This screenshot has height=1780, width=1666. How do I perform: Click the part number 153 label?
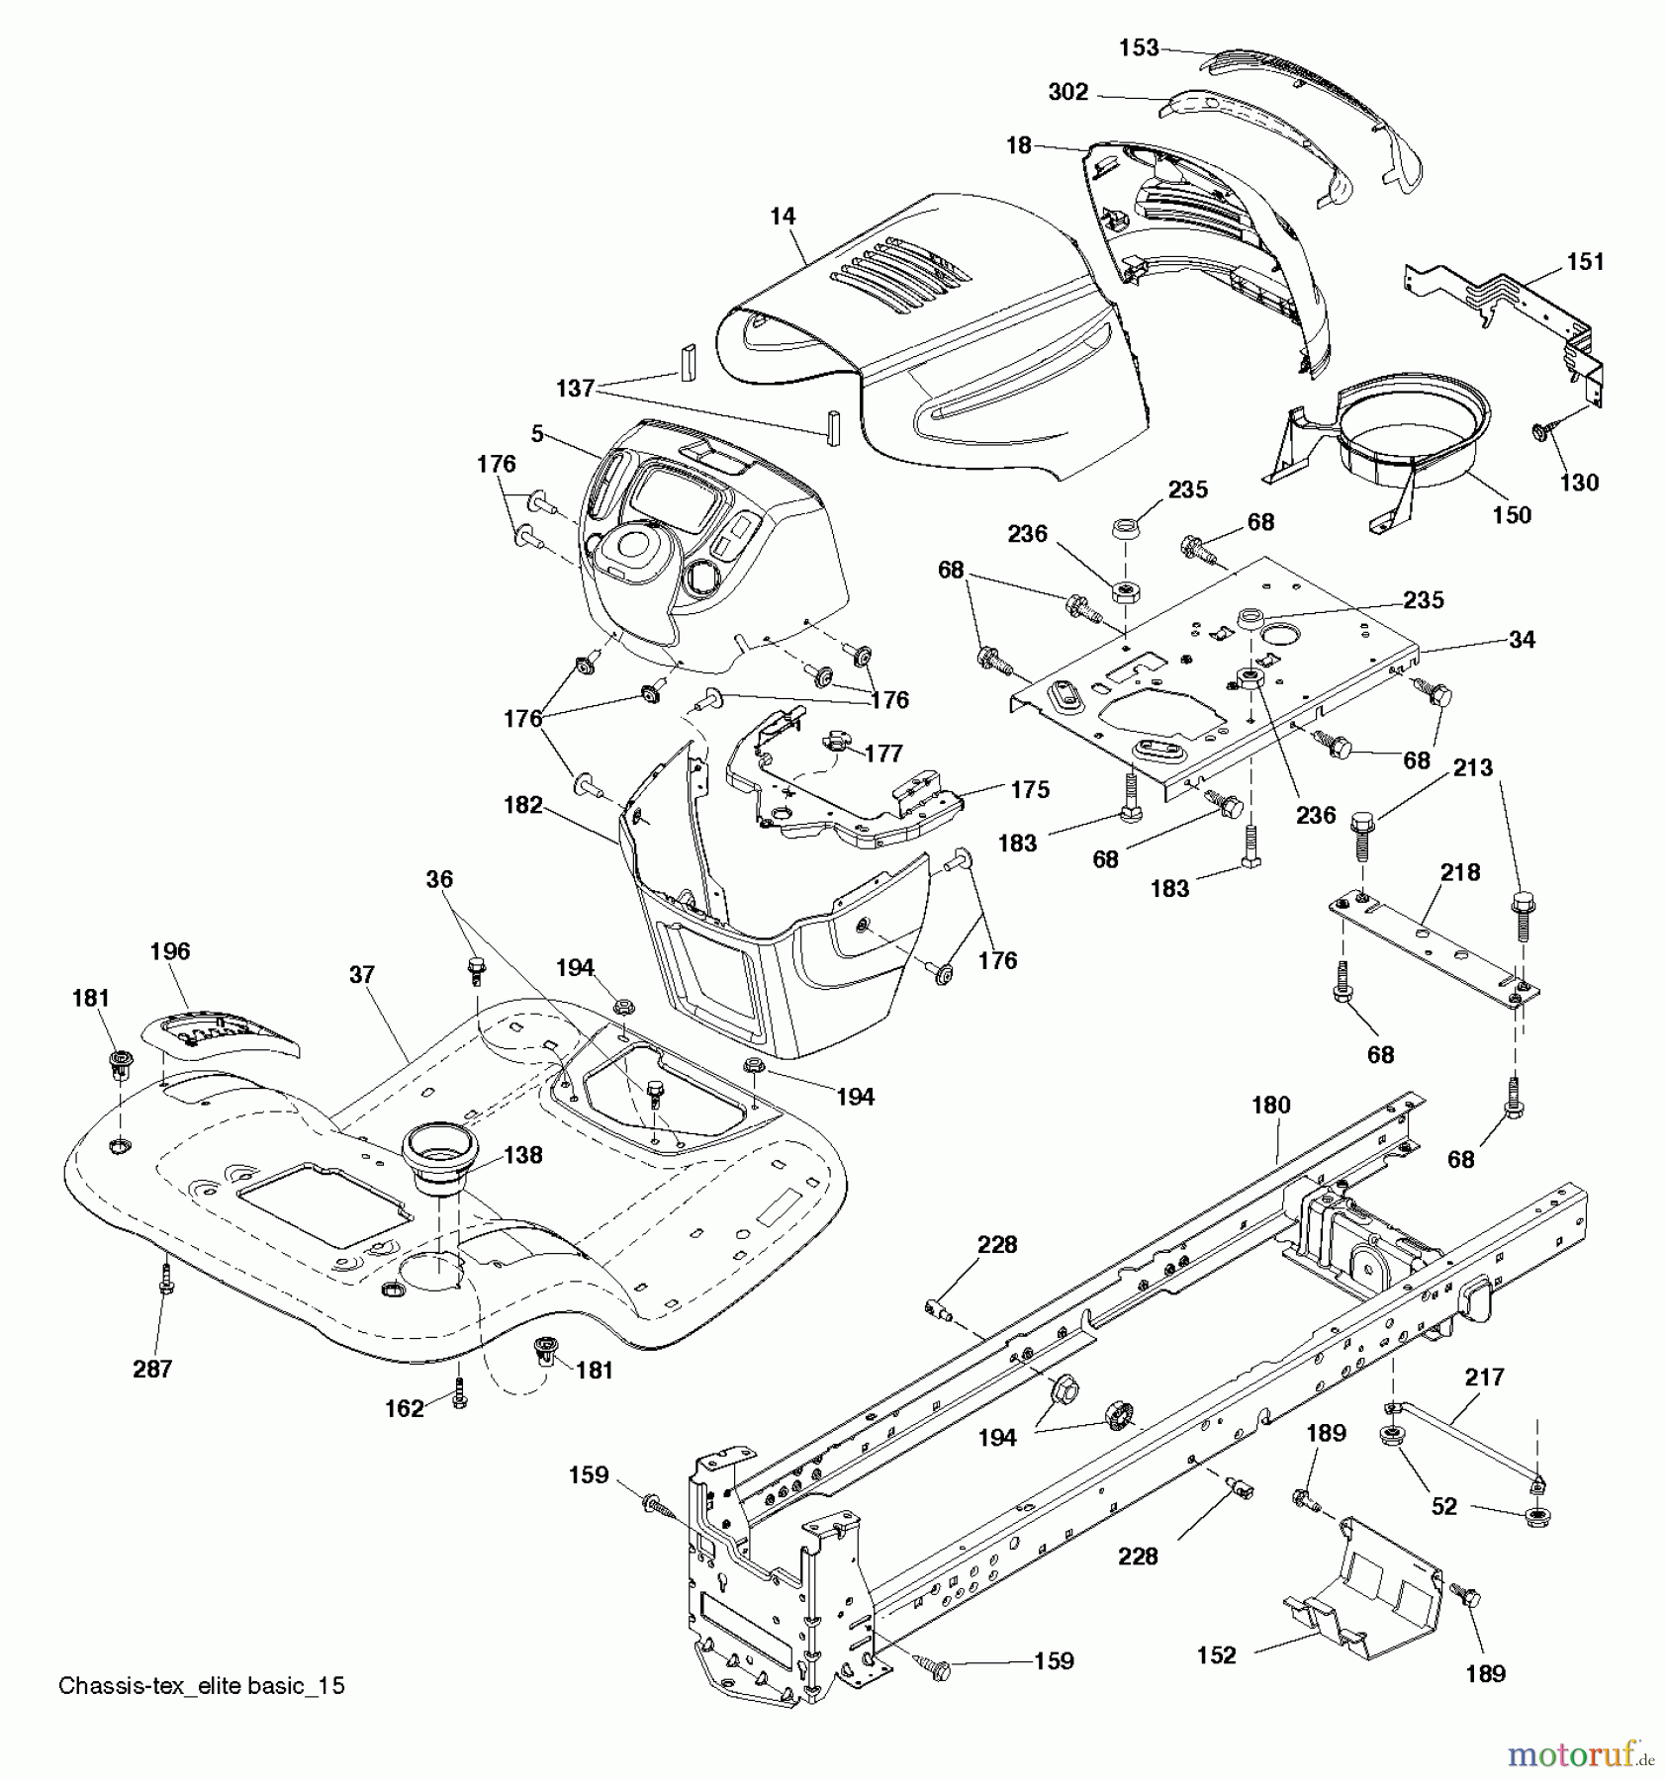click(1139, 47)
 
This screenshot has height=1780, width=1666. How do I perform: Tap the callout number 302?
click(1067, 92)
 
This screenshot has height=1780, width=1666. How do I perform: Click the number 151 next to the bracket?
click(1585, 261)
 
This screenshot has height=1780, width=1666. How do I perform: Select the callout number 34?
click(1522, 640)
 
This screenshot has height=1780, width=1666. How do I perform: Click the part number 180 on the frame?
click(1270, 1105)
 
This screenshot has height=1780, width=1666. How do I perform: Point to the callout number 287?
click(152, 1369)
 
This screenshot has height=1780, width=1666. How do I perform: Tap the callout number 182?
click(523, 805)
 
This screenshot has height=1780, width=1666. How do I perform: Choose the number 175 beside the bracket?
click(1029, 789)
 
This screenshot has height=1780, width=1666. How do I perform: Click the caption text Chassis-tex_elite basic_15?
click(202, 1685)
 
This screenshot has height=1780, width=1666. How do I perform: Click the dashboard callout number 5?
click(537, 434)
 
